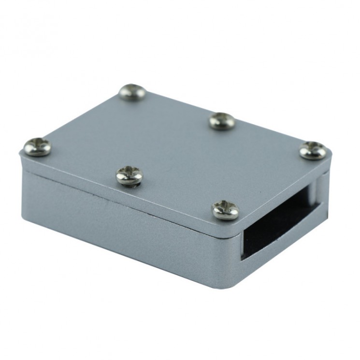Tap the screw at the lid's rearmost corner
[132, 92]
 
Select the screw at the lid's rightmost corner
[313, 150]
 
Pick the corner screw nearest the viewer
[226, 210]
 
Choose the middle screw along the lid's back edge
[222, 120]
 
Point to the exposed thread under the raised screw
[129, 183]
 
